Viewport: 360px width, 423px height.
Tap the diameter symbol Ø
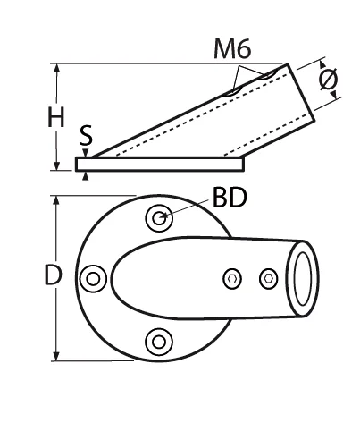[329, 80]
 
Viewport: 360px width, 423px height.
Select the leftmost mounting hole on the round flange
[91, 279]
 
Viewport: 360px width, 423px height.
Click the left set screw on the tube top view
[232, 279]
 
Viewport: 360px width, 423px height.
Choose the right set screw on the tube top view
[265, 279]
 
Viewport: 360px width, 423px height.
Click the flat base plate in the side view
[160, 165]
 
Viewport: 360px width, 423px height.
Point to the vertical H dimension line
[58, 89]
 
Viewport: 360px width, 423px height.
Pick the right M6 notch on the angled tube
[264, 75]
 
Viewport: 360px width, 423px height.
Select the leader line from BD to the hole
[188, 207]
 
